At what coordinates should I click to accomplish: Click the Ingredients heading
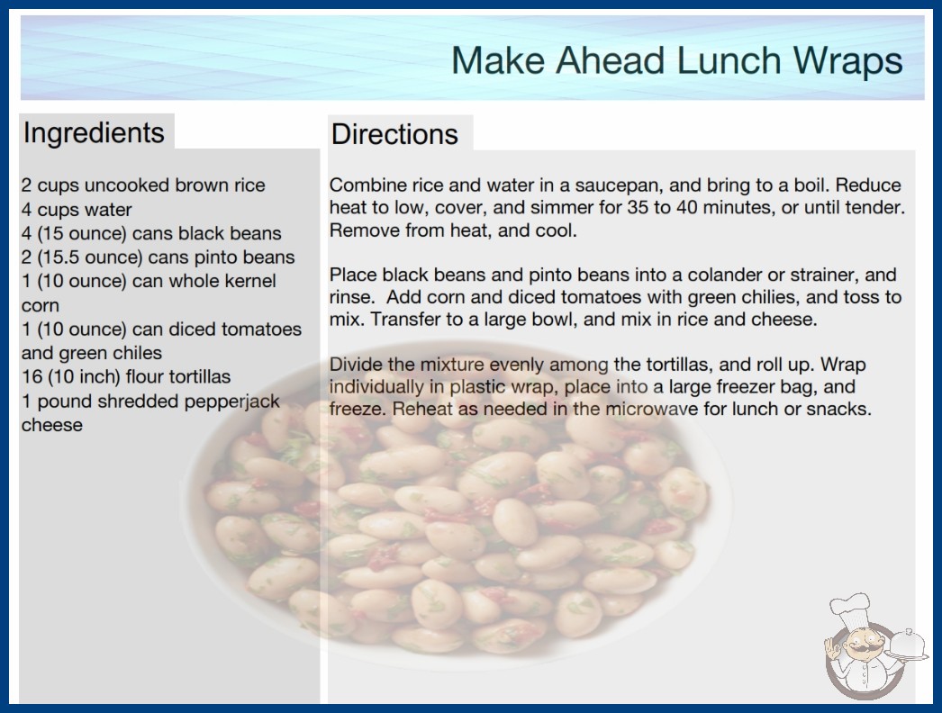[x=94, y=133]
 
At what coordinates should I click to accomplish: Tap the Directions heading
[x=394, y=134]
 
